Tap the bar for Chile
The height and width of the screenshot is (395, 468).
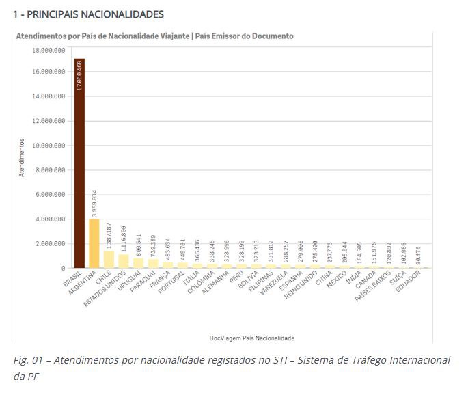click(x=109, y=260)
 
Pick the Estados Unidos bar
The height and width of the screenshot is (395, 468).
click(x=124, y=261)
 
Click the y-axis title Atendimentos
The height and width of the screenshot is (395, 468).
click(x=22, y=159)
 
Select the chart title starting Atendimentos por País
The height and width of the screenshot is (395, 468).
click(x=154, y=36)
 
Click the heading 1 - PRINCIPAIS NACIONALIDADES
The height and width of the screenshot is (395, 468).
click(x=87, y=14)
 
